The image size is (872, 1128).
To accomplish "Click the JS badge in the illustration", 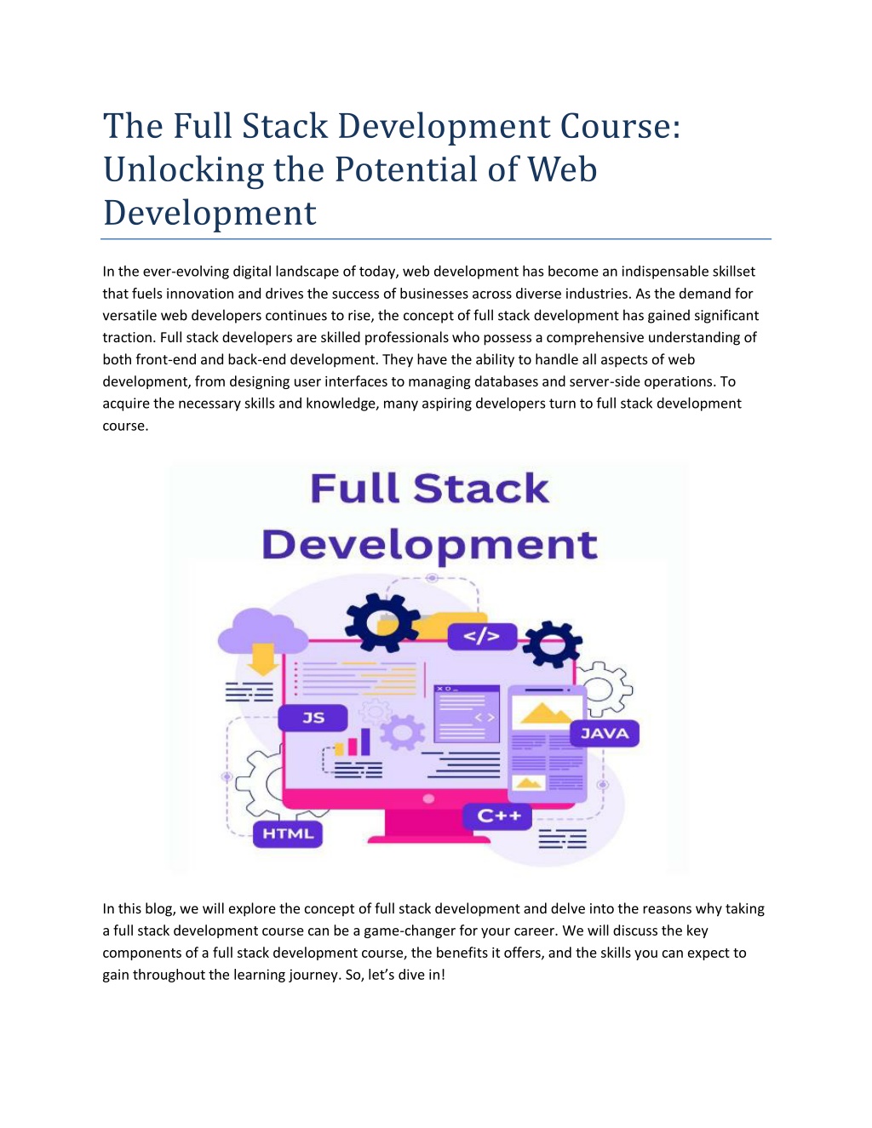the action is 313,718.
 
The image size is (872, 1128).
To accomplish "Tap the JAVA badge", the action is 605,734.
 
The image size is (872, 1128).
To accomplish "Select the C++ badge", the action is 498,816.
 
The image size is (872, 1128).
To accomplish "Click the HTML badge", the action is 288,834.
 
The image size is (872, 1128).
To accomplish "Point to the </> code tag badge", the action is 482,637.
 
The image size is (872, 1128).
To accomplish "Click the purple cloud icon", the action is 262,633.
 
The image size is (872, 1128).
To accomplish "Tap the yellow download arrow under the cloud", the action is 262,660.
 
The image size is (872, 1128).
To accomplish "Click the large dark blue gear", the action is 383,622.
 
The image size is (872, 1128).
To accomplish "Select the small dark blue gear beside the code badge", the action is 553,644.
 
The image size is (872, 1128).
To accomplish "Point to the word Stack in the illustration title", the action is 481,489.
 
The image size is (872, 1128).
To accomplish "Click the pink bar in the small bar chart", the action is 353,747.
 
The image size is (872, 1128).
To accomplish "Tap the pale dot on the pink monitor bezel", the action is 428,799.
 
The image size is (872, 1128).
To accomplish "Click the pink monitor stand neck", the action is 428,822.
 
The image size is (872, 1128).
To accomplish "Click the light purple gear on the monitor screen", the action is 402,732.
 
